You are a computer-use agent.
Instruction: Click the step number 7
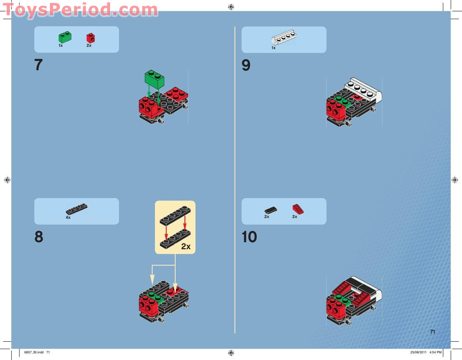38,65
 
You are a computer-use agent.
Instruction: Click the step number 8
39,237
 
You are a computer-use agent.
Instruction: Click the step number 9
246,65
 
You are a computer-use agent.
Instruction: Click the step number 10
249,237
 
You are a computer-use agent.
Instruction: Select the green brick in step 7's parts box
65,37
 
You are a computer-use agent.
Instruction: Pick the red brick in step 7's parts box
91,38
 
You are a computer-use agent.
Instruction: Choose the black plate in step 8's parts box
77,209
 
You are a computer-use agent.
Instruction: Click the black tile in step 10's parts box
270,210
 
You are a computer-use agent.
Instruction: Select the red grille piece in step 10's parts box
298,209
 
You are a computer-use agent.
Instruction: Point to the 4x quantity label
68,218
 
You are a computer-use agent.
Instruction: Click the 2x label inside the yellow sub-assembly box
186,247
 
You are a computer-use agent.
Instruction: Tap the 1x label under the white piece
274,48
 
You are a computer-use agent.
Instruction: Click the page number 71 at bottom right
432,332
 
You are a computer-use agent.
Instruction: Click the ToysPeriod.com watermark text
80,9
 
